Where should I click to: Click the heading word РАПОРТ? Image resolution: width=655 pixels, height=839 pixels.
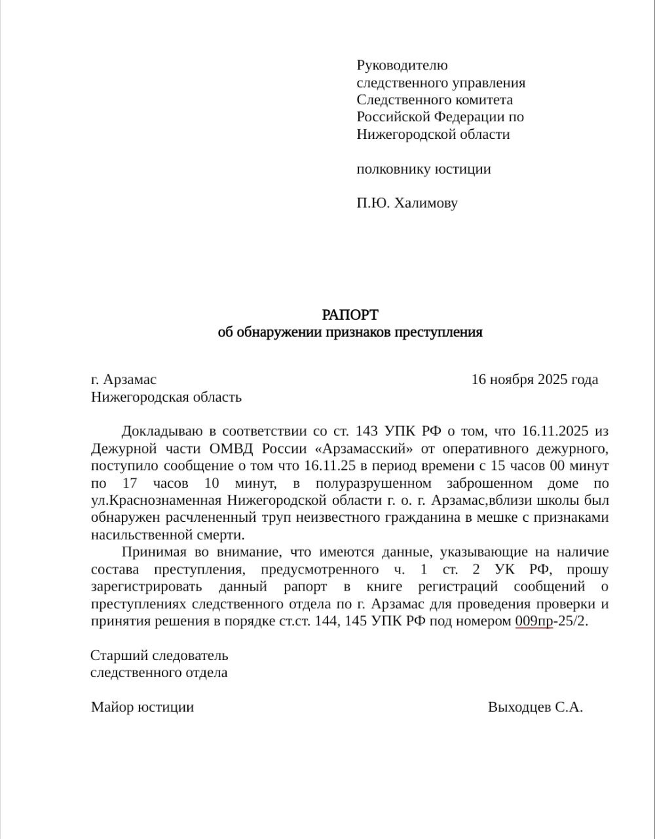(x=350, y=315)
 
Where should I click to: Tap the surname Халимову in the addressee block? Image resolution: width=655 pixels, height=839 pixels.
(x=426, y=203)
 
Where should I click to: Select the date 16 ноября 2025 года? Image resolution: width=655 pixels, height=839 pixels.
(x=534, y=380)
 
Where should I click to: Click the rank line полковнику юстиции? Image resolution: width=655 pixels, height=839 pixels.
(x=423, y=169)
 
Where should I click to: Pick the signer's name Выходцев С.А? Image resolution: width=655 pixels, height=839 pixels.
(x=535, y=707)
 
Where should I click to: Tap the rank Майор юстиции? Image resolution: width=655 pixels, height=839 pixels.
(x=142, y=707)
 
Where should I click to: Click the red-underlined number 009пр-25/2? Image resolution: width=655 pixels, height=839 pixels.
(x=551, y=621)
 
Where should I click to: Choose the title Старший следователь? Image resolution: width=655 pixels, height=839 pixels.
(x=159, y=655)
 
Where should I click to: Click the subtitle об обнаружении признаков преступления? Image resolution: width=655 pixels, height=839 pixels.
(x=350, y=332)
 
